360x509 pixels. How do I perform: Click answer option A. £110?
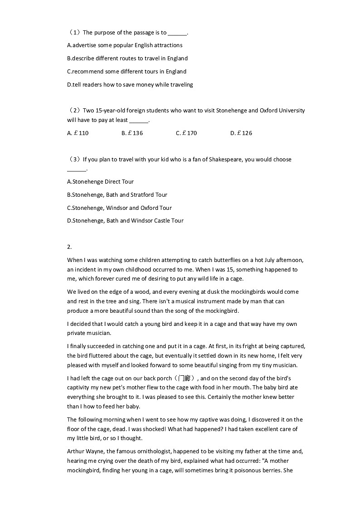click(x=78, y=133)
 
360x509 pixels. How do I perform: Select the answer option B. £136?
click(x=132, y=133)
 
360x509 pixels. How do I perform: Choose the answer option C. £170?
click(x=186, y=133)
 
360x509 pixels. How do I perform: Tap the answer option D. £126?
click(x=241, y=133)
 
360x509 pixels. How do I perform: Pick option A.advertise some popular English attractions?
click(x=125, y=45)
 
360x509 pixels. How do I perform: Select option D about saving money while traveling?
click(x=130, y=84)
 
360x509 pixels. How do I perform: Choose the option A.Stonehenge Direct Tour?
click(x=100, y=182)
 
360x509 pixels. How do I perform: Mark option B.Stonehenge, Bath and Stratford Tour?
click(x=117, y=195)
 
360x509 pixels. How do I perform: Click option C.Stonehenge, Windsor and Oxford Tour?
click(x=119, y=208)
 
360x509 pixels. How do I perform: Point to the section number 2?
click(x=69, y=247)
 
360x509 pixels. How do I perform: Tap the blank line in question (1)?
click(x=177, y=33)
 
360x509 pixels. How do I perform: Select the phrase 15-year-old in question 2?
click(x=113, y=111)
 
